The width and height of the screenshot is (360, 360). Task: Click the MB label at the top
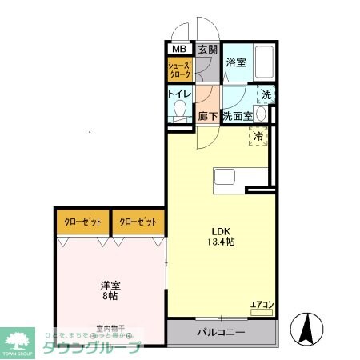[x=179, y=50]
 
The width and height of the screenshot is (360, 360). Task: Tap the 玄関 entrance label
[x=207, y=50]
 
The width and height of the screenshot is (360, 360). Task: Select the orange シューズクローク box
[x=179, y=70]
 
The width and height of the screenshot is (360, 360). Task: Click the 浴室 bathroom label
[x=235, y=62]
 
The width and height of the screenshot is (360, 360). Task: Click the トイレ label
[x=178, y=94]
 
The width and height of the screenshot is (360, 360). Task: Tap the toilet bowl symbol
[x=180, y=110]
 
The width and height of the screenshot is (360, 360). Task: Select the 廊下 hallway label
[x=208, y=116]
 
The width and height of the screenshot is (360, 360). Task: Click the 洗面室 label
[x=237, y=116]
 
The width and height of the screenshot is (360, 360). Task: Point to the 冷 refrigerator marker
[x=258, y=138]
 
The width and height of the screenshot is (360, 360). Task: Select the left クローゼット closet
[x=82, y=222]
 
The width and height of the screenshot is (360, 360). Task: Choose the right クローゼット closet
[x=138, y=222]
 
